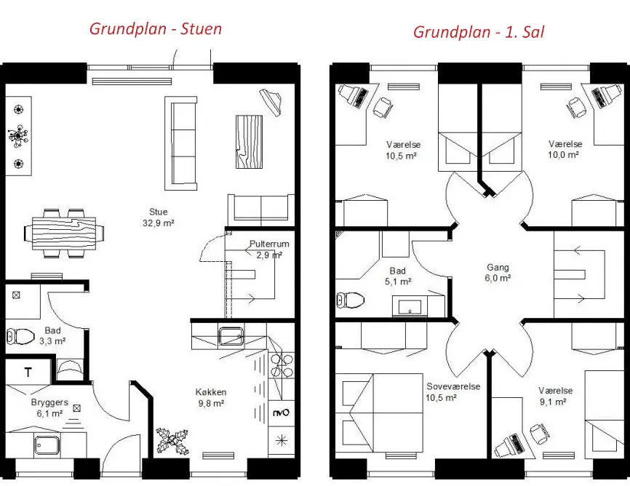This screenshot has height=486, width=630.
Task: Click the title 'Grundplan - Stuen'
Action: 156,29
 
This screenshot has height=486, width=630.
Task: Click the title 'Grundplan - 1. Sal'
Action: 479,32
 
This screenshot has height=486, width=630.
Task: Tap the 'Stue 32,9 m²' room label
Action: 159,217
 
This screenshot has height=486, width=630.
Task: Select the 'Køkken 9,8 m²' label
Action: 211,397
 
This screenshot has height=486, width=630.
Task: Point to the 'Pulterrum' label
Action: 269,244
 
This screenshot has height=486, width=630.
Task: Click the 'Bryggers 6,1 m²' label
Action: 49,407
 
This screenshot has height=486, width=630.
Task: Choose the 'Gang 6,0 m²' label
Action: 498,273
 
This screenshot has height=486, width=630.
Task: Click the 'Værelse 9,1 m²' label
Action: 555,396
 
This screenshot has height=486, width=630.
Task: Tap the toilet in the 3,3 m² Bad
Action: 20,336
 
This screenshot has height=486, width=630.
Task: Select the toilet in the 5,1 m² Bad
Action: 351,300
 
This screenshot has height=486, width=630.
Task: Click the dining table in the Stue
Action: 64,233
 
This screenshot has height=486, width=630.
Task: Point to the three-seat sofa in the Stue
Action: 181,143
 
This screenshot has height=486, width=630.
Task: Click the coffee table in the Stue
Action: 249,141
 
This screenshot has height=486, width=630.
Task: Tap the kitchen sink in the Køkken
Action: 231,336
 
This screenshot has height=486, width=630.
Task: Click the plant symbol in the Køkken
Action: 172,442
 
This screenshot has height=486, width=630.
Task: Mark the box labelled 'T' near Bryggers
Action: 28,373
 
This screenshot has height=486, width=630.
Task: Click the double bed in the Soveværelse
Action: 378,413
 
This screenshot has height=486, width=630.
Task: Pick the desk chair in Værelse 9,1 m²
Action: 538,434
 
